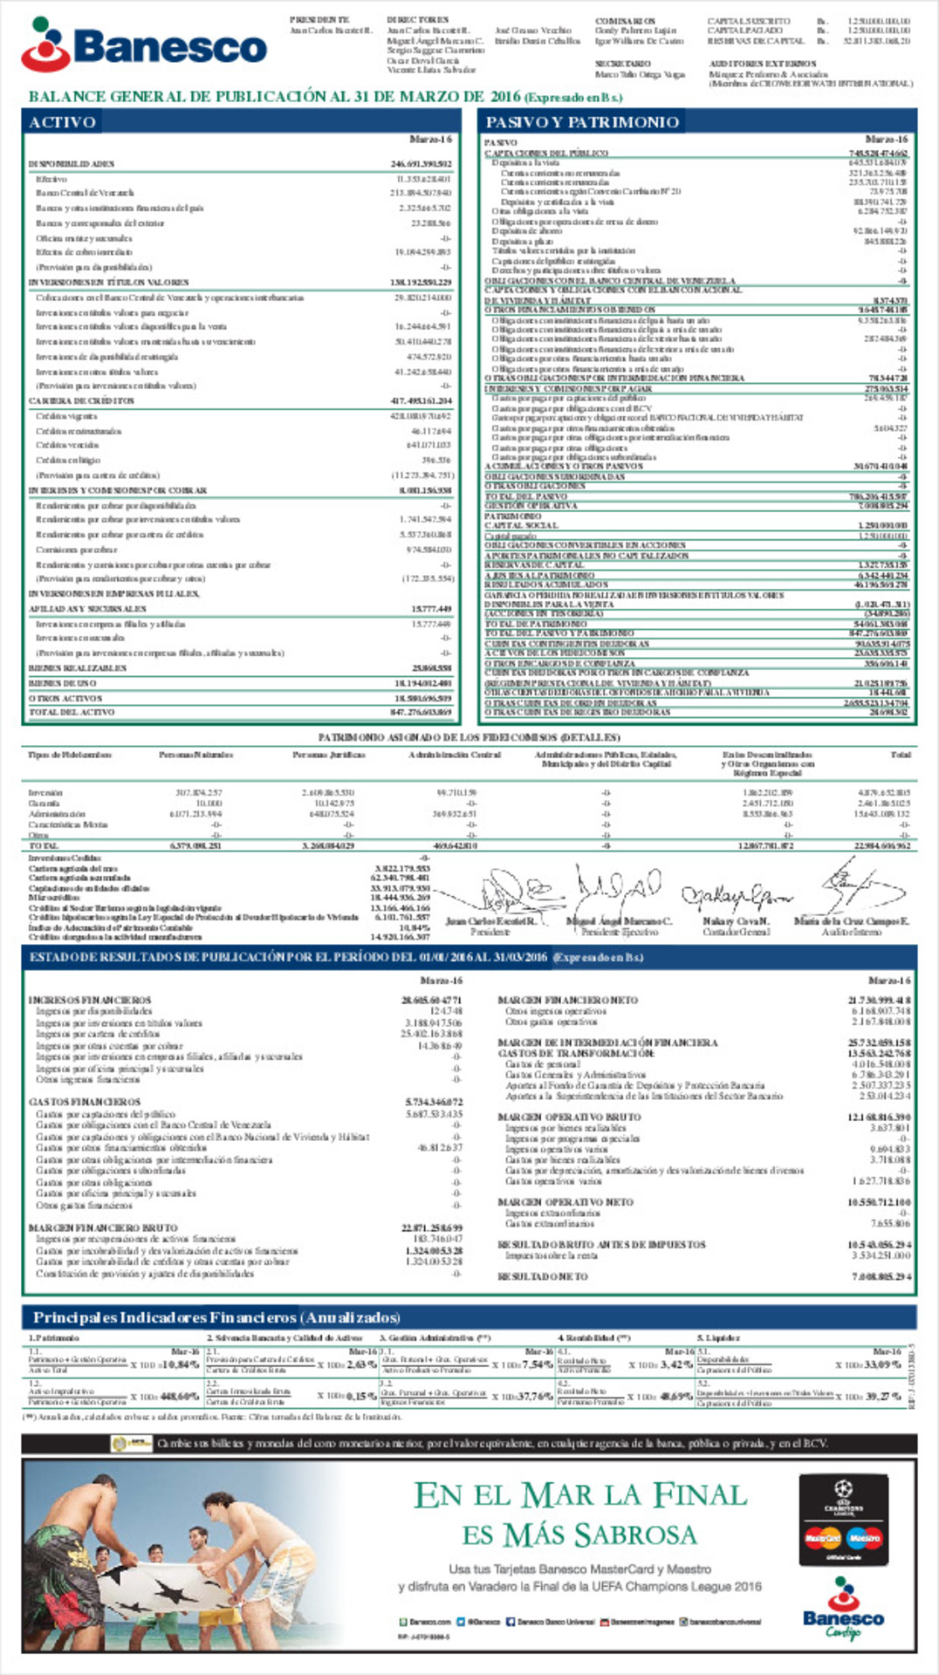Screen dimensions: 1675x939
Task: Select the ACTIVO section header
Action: (x=62, y=122)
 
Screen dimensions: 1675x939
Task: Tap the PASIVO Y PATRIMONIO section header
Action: (x=581, y=122)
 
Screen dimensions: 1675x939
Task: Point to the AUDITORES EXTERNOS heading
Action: (x=762, y=64)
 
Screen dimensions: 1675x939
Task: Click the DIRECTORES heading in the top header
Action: (x=417, y=19)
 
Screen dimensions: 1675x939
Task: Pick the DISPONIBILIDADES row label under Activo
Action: (x=72, y=164)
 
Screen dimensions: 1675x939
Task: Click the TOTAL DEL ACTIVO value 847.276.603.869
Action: (x=421, y=713)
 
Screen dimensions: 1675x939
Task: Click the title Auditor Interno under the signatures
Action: (x=852, y=932)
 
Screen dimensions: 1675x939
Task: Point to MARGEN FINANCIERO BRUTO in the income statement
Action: (x=103, y=1227)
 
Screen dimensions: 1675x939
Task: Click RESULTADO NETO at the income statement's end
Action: (x=543, y=1276)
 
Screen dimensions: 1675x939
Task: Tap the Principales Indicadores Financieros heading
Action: (x=216, y=1317)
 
